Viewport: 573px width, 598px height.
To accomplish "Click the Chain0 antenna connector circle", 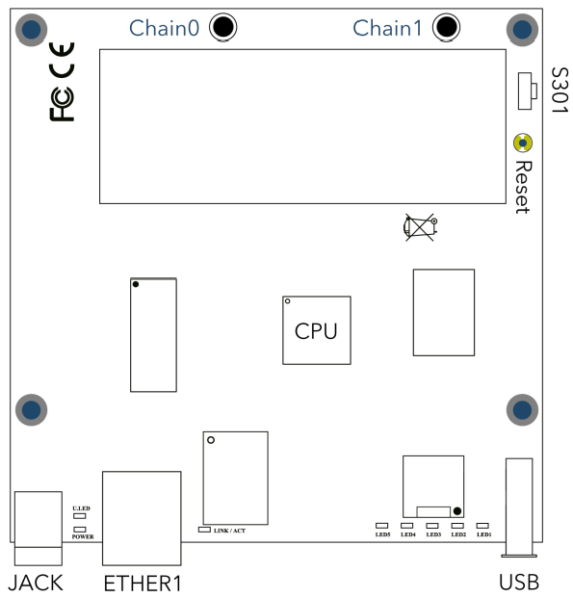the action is (x=223, y=27).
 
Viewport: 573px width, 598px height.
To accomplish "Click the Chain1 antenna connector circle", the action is (x=446, y=27).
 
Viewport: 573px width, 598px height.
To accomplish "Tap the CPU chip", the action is (x=317, y=330).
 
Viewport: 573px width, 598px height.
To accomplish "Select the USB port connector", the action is (x=519, y=507).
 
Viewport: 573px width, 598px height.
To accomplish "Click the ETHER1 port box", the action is (x=142, y=518).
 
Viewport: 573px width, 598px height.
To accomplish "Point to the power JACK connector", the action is (x=39, y=529).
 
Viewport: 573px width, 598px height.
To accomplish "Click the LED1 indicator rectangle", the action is (x=482, y=526).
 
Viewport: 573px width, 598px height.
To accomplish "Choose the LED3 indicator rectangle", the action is (x=432, y=526).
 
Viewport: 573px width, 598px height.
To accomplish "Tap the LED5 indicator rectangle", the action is (x=382, y=526).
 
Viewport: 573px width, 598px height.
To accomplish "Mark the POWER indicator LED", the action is (x=80, y=530).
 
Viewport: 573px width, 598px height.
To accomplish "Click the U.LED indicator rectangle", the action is (x=80, y=516).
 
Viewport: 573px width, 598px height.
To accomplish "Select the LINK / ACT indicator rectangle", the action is (x=204, y=530).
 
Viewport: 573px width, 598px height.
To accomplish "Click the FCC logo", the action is (x=62, y=104).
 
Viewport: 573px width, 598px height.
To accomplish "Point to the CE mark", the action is (x=62, y=60).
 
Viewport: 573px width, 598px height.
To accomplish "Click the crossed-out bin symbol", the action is (x=420, y=227).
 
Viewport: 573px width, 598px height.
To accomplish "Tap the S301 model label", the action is (x=560, y=90).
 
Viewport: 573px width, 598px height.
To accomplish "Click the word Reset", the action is (x=523, y=187).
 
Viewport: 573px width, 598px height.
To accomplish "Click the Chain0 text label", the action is (x=165, y=28).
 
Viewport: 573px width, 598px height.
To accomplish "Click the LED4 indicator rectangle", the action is (x=407, y=526).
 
